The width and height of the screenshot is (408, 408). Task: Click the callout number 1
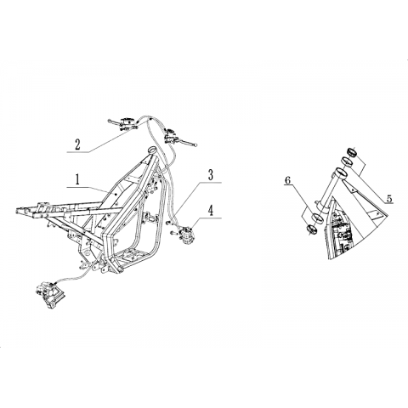tap(76, 179)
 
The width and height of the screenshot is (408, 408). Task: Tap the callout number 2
tap(77, 144)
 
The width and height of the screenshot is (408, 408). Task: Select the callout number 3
tap(210, 175)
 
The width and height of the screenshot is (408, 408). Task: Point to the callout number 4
tap(210, 211)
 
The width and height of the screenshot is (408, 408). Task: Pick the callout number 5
tap(389, 198)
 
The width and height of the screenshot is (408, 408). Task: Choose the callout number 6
tap(288, 180)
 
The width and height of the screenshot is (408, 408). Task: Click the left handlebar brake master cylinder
tap(127, 122)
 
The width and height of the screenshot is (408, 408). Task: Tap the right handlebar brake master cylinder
tap(171, 135)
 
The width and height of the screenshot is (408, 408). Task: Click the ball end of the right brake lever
tap(194, 145)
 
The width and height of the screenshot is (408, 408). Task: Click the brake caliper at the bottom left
tap(50, 293)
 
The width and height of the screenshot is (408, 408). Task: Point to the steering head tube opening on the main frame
tap(152, 150)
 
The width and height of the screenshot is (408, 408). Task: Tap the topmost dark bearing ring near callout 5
tap(352, 152)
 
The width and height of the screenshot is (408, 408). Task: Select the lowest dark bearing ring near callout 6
tap(311, 229)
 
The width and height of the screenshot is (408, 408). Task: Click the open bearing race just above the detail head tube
tap(346, 161)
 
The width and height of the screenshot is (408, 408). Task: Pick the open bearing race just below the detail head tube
tap(317, 218)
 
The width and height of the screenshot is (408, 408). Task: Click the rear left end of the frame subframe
tap(17, 211)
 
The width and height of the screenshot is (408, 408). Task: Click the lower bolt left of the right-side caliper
tap(173, 233)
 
